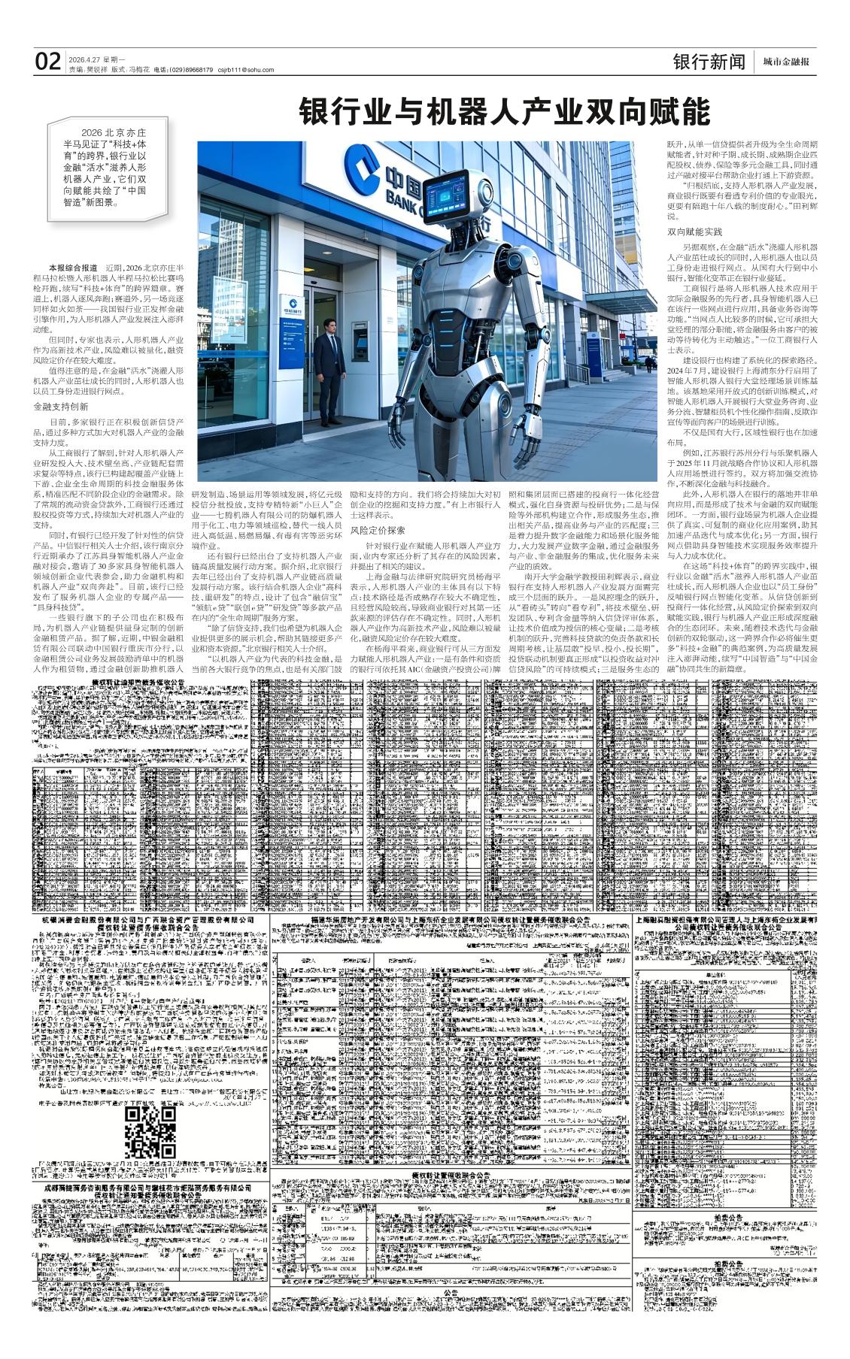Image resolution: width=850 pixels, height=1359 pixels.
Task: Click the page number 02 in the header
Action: pos(47,62)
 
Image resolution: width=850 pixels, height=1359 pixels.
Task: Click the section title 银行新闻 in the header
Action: pos(709,62)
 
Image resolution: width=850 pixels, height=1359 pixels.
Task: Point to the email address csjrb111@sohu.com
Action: pos(246,69)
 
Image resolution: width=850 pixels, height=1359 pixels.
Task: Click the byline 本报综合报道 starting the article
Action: pos(73,268)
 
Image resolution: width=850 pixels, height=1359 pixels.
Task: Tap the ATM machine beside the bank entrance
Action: pos(360,338)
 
